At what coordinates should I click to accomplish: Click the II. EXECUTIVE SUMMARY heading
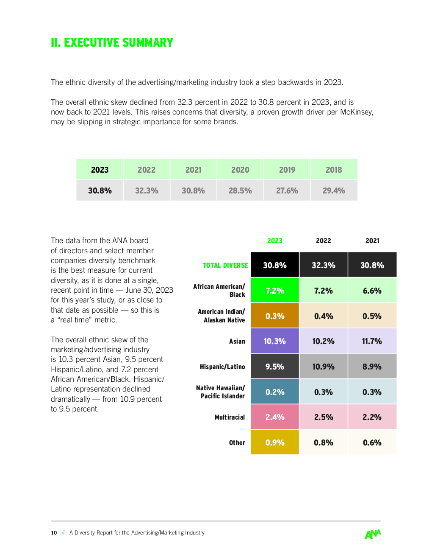pos(112,42)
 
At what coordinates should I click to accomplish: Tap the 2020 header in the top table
pos(240,169)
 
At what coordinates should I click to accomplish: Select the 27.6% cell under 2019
pos(287,190)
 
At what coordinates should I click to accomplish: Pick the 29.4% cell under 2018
pos(334,190)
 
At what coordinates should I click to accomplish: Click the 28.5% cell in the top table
pos(240,190)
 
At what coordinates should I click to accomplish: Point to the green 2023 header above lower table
pos(274,241)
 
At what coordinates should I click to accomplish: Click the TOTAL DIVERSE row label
pos(225,265)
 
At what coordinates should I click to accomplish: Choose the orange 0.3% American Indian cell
pos(275,315)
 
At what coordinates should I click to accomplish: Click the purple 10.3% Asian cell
pos(275,341)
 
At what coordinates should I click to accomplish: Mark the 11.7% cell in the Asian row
pos(372,341)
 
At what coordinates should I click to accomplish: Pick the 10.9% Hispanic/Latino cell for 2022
pos(324,366)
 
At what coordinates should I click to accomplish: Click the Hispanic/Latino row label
pos(222,367)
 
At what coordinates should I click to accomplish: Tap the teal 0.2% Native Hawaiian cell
pos(275,391)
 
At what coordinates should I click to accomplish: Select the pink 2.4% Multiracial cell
pos(275,417)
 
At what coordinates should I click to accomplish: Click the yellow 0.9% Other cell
pos(275,442)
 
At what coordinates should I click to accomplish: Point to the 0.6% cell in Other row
pos(372,442)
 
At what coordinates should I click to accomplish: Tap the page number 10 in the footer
pos(54,533)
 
